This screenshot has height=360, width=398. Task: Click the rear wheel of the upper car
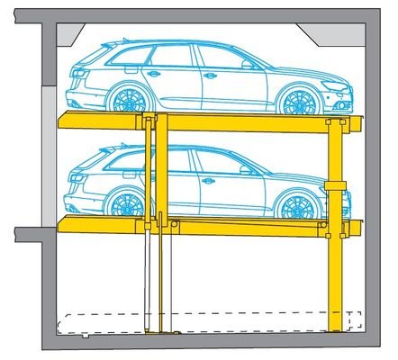tap(127, 98)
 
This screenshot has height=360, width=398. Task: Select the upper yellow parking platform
tap(207, 121)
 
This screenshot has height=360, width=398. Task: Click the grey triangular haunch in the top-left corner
tap(70, 36)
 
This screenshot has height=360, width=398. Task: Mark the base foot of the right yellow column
tap(337, 323)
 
